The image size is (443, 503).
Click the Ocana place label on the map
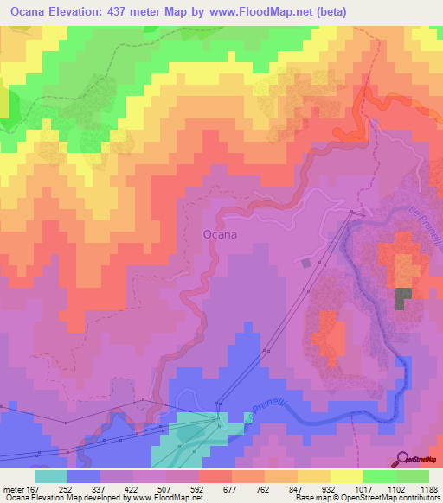(x=221, y=233)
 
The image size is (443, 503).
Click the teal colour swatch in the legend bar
(x=51, y=475)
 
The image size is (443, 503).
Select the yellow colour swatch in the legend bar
(x=346, y=475)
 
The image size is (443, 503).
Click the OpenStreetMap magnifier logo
(x=403, y=458)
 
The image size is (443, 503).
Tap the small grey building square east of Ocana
(x=305, y=262)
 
